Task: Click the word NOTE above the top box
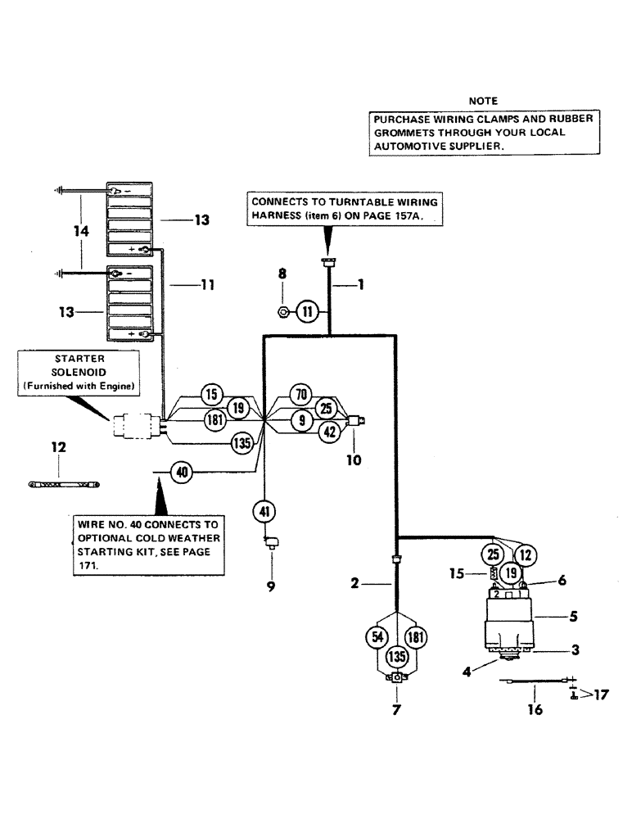[x=482, y=101]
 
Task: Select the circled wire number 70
[x=301, y=395]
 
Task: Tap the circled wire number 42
[x=328, y=432]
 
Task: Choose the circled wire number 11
[x=306, y=311]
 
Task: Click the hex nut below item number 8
[x=282, y=312]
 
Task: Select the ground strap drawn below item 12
[x=63, y=485]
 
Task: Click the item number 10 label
[x=353, y=460]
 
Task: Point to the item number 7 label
[x=397, y=709]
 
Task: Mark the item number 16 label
[x=534, y=709]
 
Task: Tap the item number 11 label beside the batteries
[x=207, y=285]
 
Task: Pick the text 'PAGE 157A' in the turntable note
[x=407, y=216]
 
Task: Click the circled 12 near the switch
[x=525, y=555]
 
